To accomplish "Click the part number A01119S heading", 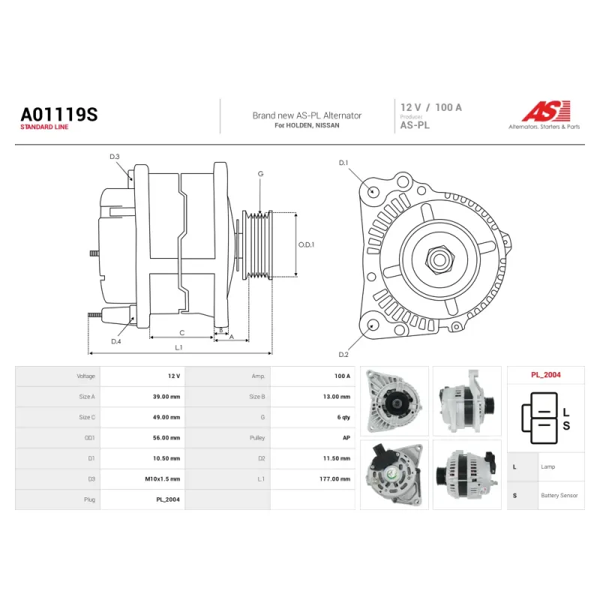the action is [x=59, y=115].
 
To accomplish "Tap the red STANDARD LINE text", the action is [x=44, y=127].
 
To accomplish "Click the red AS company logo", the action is [x=546, y=111].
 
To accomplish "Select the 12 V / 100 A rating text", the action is [x=430, y=107].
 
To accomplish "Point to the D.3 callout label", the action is [x=115, y=157].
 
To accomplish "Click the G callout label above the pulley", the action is [x=260, y=174].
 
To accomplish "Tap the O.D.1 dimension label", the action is [x=306, y=244].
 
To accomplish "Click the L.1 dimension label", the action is [x=178, y=347].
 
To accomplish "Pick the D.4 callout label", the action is [x=116, y=341].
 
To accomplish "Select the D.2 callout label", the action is [x=343, y=355].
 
